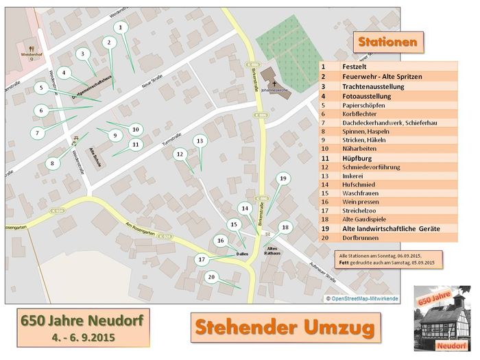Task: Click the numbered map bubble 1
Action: [121, 27]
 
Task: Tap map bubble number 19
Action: [282, 178]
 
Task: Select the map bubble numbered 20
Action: [211, 276]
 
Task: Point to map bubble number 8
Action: [52, 163]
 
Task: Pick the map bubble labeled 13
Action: [200, 141]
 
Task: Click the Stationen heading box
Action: [387, 42]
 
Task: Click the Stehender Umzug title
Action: [284, 327]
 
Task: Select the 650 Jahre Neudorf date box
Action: [84, 328]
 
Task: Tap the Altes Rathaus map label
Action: [272, 252]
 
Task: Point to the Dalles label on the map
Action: [241, 254]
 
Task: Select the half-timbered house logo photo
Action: [442, 319]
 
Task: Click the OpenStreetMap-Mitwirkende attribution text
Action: [362, 299]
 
